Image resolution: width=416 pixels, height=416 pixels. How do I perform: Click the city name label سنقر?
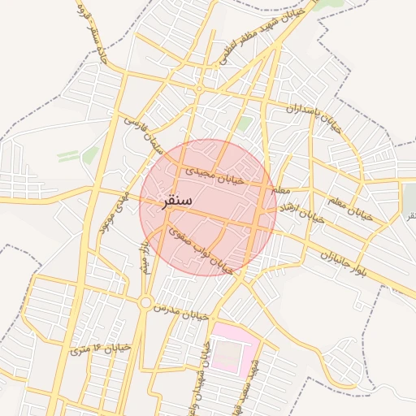[x=178, y=201]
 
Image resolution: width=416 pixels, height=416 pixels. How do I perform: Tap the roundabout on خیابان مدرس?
[x=145, y=304]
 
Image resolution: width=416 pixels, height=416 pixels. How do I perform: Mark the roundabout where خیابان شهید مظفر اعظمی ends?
[x=198, y=88]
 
